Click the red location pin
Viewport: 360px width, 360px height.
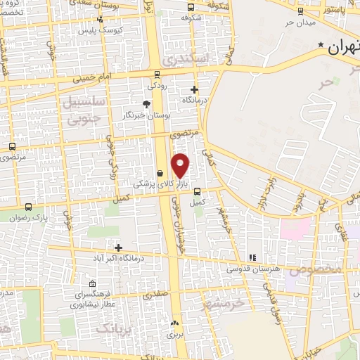181,165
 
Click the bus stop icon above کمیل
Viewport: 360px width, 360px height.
198,191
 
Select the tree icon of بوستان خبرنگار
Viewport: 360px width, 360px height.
146,104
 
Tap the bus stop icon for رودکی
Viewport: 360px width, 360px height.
156,75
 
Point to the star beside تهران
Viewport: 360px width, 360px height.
321,46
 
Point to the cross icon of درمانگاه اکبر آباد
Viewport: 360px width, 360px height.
118,247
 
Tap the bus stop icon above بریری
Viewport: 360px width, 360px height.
174,323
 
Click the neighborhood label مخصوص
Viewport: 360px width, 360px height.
321,269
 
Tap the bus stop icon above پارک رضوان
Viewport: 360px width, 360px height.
28,207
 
